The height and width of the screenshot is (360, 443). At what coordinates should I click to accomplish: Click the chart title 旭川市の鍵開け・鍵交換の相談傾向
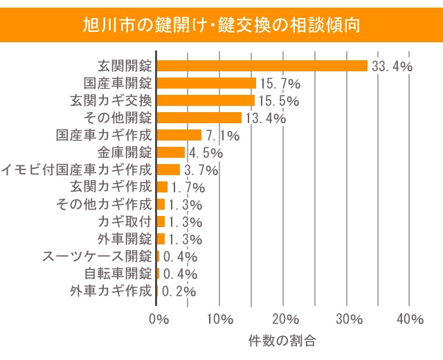221,26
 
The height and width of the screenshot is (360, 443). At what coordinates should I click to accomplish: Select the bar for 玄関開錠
262,66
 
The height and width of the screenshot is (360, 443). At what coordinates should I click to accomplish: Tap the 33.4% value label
392,66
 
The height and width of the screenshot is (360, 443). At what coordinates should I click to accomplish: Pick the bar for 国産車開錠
206,83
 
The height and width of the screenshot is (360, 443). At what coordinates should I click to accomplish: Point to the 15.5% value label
279,101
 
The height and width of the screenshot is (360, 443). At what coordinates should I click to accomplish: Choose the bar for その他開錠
199,118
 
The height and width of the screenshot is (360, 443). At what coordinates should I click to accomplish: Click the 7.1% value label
222,136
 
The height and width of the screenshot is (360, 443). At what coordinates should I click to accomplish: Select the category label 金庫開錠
124,152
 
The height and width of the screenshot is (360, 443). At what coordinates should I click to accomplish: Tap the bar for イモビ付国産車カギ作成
168,170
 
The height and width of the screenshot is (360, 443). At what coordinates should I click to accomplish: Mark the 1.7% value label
186,188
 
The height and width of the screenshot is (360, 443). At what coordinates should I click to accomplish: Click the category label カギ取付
124,222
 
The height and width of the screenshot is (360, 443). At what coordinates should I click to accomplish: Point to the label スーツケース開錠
97,256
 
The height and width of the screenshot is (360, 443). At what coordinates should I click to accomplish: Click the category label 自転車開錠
117,273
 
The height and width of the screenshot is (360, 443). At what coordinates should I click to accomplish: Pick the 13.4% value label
264,118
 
